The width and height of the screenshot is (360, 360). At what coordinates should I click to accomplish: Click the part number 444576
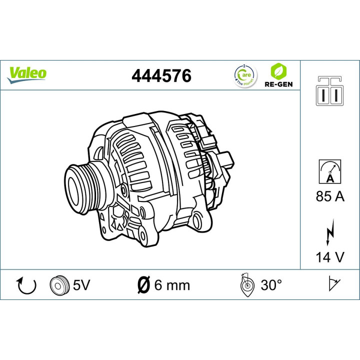click(x=161, y=76)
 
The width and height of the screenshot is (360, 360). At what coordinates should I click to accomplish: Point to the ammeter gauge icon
click(x=329, y=170)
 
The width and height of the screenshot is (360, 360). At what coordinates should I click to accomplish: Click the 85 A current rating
click(x=330, y=196)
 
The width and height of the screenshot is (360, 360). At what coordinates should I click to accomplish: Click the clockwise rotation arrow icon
click(x=26, y=285)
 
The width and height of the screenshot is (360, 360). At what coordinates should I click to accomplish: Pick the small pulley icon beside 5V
click(x=59, y=285)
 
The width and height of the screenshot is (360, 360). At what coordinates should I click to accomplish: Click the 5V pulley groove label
click(x=81, y=285)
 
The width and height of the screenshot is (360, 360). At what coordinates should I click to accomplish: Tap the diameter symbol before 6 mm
click(x=143, y=285)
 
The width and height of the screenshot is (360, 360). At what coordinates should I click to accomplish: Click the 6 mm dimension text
click(x=171, y=285)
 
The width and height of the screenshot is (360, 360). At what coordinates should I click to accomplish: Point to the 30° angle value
click(x=271, y=285)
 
